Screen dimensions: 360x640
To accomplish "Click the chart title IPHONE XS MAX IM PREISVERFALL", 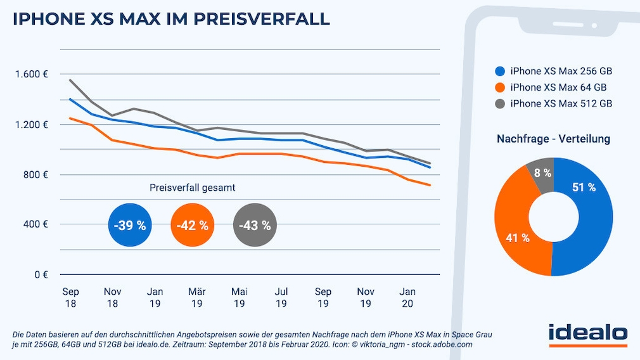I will pyautogui.click(x=171, y=18).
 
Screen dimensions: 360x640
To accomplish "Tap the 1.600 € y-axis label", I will pyautogui.click(x=32, y=74).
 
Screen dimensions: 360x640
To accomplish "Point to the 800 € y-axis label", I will pyautogui.click(x=36, y=174).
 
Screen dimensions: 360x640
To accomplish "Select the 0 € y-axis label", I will pyautogui.click(x=41, y=274).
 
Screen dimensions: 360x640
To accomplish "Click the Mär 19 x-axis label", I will pyautogui.click(x=196, y=297).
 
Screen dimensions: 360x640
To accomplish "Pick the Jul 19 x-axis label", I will pyautogui.click(x=281, y=297).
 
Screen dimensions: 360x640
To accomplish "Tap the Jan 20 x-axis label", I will pyautogui.click(x=407, y=297).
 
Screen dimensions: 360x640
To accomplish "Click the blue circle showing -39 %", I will pyautogui.click(x=130, y=225).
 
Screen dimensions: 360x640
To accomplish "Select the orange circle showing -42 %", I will pyautogui.click(x=193, y=225).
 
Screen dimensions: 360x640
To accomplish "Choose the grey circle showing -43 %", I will pyautogui.click(x=255, y=225).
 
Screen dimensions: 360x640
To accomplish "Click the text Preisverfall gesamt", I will pyautogui.click(x=192, y=188).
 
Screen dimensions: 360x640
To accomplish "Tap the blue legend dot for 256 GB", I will pyautogui.click(x=501, y=71).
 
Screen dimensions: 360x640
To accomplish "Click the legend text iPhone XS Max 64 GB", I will pyautogui.click(x=558, y=87).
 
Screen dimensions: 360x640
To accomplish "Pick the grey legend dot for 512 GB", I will pyautogui.click(x=501, y=103).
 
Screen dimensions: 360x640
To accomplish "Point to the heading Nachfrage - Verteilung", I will pyautogui.click(x=553, y=139).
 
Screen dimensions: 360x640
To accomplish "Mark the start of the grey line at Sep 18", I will pyautogui.click(x=70, y=80).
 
